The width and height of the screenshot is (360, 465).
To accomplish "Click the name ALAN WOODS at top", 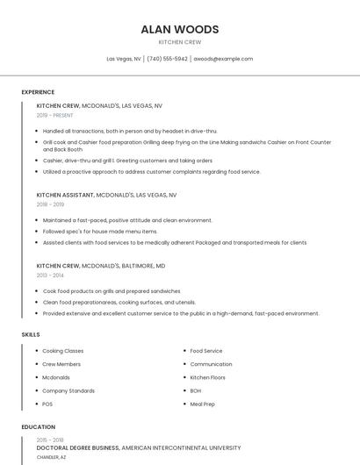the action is coord(179,29).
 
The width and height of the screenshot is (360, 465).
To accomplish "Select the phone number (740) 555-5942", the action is coord(167,59).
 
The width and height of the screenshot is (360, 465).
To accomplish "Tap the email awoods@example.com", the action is coord(223,59).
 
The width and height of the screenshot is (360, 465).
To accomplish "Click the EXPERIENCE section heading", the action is coord(38,92).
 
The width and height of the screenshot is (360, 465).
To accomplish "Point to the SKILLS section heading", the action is coord(31,334).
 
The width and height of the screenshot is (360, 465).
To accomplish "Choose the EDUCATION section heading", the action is coord(38,427).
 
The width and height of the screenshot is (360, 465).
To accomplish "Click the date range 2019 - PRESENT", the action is coord(54,115).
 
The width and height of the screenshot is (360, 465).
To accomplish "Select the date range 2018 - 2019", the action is coord(50,204).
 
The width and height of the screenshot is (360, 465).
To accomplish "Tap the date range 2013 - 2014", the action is coord(50,275).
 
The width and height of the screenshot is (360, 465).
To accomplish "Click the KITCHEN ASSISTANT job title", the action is coord(65,195).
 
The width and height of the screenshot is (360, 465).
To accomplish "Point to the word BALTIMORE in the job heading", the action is coord(137,265).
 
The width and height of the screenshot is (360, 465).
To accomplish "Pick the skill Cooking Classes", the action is coord(62,351).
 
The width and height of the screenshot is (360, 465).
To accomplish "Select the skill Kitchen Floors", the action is coord(207,377).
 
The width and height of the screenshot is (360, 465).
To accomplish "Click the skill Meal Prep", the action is coord(202,404).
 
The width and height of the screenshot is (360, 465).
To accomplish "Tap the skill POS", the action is coord(47,404).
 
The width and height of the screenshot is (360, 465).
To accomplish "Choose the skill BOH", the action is coord(195,390).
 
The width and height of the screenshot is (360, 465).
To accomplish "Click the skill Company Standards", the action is coord(68,390).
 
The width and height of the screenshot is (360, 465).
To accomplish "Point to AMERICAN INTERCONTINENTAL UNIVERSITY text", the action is coord(181,447).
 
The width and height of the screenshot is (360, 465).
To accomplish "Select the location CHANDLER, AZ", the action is coord(51,457).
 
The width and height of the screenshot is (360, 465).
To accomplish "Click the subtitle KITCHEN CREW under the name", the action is coord(179,42).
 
